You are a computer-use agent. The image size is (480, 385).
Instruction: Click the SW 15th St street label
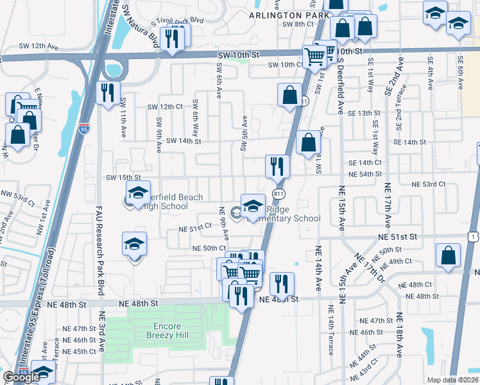point(123,177)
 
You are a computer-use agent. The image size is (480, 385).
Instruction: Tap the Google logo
point(21,378)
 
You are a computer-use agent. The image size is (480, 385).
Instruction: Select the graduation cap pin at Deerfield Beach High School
point(137,193)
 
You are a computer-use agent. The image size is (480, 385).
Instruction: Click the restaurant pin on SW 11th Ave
point(108,92)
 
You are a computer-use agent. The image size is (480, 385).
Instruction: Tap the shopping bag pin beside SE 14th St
point(308,142)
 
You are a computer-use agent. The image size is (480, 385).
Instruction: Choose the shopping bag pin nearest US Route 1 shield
point(447,255)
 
